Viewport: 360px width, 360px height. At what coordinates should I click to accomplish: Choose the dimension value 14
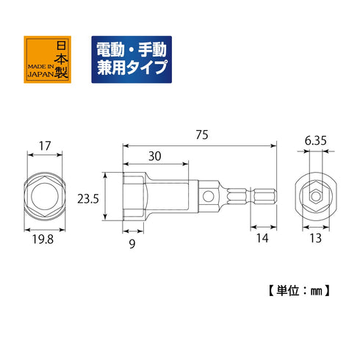click(262, 240)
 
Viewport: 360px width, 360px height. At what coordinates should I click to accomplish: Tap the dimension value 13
click(314, 240)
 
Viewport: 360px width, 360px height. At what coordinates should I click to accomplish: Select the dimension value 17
click(46, 146)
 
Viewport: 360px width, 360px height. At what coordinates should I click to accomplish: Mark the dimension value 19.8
click(46, 240)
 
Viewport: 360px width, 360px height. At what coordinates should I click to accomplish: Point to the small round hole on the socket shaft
click(210, 196)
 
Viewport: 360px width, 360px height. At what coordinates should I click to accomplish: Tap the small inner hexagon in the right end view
click(314, 197)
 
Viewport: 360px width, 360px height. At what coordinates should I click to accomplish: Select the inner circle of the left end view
click(45, 197)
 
